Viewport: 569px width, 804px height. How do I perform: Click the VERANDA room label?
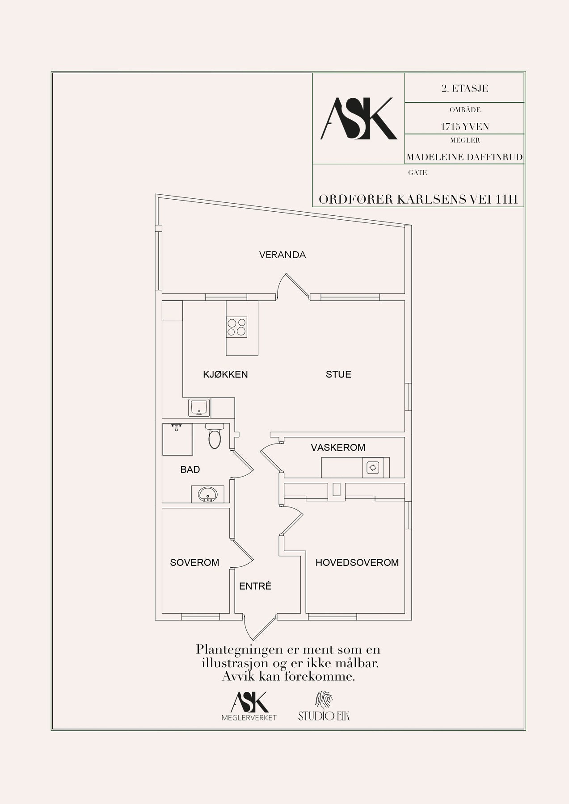(282, 255)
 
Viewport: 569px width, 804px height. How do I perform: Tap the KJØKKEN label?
(225, 374)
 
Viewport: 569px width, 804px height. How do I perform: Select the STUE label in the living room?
(338, 374)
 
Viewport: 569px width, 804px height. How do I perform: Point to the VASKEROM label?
(338, 447)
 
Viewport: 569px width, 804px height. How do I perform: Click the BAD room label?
(190, 469)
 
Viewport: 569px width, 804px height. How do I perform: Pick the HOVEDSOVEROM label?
(357, 563)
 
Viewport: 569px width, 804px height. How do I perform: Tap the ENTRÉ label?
(255, 586)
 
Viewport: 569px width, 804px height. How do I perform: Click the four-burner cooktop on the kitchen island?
(236, 326)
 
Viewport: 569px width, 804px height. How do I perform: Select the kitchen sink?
(198, 407)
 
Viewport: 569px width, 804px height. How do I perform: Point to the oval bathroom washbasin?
(208, 494)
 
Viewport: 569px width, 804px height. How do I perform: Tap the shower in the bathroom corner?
(177, 440)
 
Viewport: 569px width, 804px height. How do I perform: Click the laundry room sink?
(373, 468)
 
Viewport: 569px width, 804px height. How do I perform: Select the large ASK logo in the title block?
(358, 118)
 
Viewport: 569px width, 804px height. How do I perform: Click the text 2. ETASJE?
(464, 88)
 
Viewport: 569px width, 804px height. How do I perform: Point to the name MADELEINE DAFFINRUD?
(464, 157)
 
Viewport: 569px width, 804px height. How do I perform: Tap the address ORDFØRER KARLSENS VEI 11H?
(418, 200)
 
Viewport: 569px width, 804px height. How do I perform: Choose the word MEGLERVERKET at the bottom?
(249, 718)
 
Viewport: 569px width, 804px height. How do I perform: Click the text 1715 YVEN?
(465, 127)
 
